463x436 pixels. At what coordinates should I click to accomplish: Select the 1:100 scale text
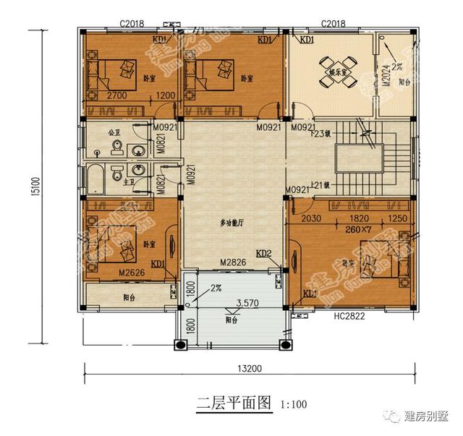(x=292, y=403)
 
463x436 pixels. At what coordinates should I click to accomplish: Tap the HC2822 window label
(x=348, y=315)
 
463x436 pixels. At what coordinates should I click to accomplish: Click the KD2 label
(x=265, y=254)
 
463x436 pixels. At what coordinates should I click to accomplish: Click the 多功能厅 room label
(x=233, y=223)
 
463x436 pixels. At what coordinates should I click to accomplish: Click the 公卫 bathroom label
(x=113, y=133)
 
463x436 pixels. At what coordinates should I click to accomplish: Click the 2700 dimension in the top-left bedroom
(x=118, y=95)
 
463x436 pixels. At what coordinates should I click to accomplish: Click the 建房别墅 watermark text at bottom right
(x=426, y=417)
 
